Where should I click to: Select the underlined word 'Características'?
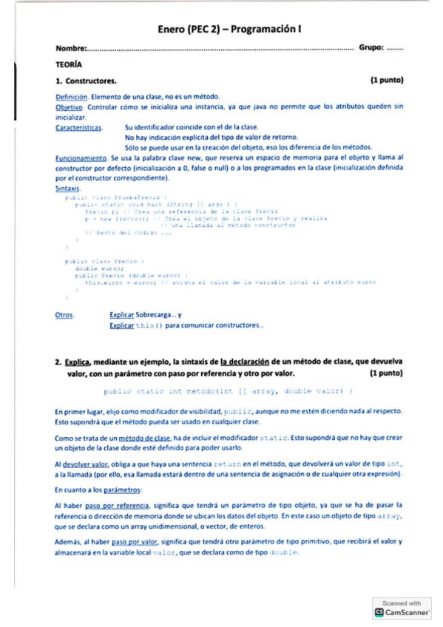pyautogui.click(x=79, y=127)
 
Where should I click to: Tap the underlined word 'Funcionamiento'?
pyautogui.click(x=81, y=157)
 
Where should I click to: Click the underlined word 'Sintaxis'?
pyautogui.click(x=69, y=189)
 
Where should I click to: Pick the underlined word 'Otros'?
pyautogui.click(x=64, y=316)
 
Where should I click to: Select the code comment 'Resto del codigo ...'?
pyautogui.click(x=129, y=233)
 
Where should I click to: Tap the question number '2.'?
pyautogui.click(x=58, y=362)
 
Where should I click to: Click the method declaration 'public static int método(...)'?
pyautogui.click(x=229, y=391)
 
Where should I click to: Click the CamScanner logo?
pyautogui.click(x=402, y=612)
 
